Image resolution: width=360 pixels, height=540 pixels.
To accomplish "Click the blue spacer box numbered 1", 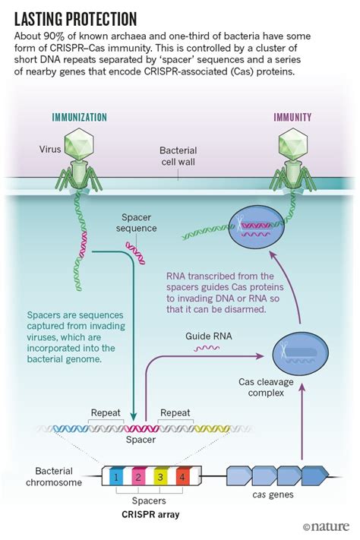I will [115, 477].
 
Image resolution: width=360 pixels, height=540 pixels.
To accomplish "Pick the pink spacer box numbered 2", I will [138, 477].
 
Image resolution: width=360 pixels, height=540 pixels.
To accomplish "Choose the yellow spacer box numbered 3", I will [160, 477].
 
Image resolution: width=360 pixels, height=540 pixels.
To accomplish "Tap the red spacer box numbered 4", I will [181, 477].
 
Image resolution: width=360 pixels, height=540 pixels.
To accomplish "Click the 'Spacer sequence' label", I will [137, 222].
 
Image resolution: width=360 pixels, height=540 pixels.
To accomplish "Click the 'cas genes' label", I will [272, 496].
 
